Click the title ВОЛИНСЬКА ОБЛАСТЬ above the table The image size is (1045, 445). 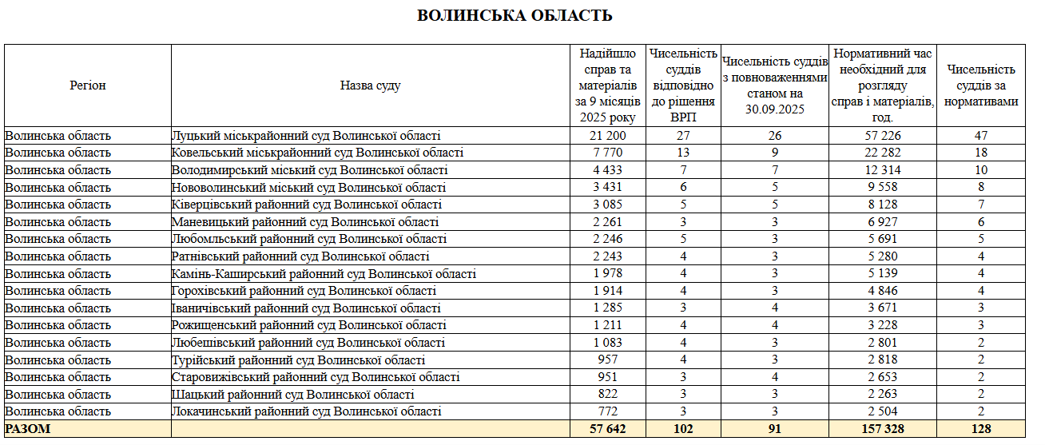(515, 15)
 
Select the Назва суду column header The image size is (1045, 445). (370, 85)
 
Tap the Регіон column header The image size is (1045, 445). (88, 85)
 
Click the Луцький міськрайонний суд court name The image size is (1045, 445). (306, 136)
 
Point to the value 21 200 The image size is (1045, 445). (608, 136)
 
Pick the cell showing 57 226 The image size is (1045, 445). (882, 136)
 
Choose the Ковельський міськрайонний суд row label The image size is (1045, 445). (317, 153)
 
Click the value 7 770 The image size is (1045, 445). (608, 153)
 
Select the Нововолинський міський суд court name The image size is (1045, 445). (308, 188)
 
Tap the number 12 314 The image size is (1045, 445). (882, 170)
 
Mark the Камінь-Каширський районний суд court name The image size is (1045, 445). (324, 274)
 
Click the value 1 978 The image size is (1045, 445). (608, 274)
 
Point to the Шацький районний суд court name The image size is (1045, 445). (292, 395)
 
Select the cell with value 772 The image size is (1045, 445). (608, 411)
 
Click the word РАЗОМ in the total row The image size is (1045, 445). (28, 429)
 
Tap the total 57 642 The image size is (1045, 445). (608, 429)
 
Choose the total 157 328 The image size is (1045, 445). (882, 429)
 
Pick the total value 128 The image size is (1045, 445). (981, 429)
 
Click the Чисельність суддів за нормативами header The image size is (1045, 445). (981, 85)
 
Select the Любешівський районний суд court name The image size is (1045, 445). (308, 343)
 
